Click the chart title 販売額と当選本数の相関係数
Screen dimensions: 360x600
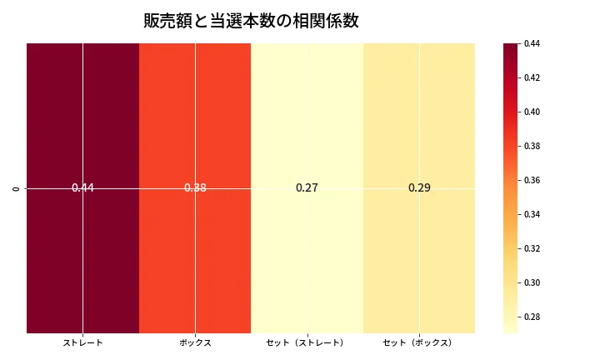(x=251, y=21)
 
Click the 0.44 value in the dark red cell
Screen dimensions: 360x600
(x=82, y=188)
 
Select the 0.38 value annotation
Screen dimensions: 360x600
(x=195, y=188)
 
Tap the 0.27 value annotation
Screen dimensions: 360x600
(x=307, y=188)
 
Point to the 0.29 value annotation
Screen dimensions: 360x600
(x=419, y=188)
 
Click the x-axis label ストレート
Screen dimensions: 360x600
(x=82, y=342)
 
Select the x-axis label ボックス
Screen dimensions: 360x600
(x=195, y=342)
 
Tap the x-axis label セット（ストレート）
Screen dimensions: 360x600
(x=307, y=342)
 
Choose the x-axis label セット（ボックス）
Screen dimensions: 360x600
(x=419, y=342)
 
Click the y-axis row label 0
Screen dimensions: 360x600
(x=16, y=188)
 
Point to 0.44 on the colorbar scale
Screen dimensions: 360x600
(x=532, y=43)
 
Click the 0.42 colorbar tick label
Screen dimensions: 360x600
(x=532, y=77)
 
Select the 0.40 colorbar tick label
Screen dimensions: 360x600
(x=532, y=112)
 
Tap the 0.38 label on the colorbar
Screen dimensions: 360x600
(x=532, y=146)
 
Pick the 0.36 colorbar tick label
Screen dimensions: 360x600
(x=532, y=180)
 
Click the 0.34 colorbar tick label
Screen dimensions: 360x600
(x=532, y=214)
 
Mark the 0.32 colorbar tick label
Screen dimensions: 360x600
(x=532, y=248)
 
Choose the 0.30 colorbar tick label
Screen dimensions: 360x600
(x=532, y=282)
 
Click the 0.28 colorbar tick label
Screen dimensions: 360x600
(x=532, y=317)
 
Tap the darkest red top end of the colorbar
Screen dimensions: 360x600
(x=510, y=46)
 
